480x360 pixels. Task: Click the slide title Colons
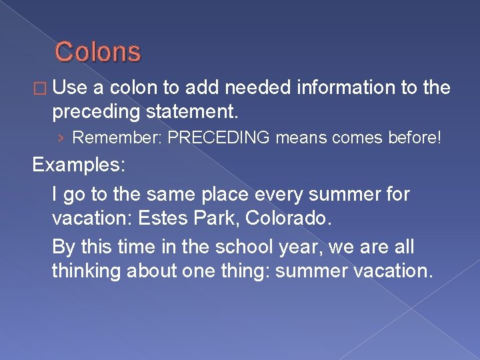97,52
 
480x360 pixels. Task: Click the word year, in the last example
309,247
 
